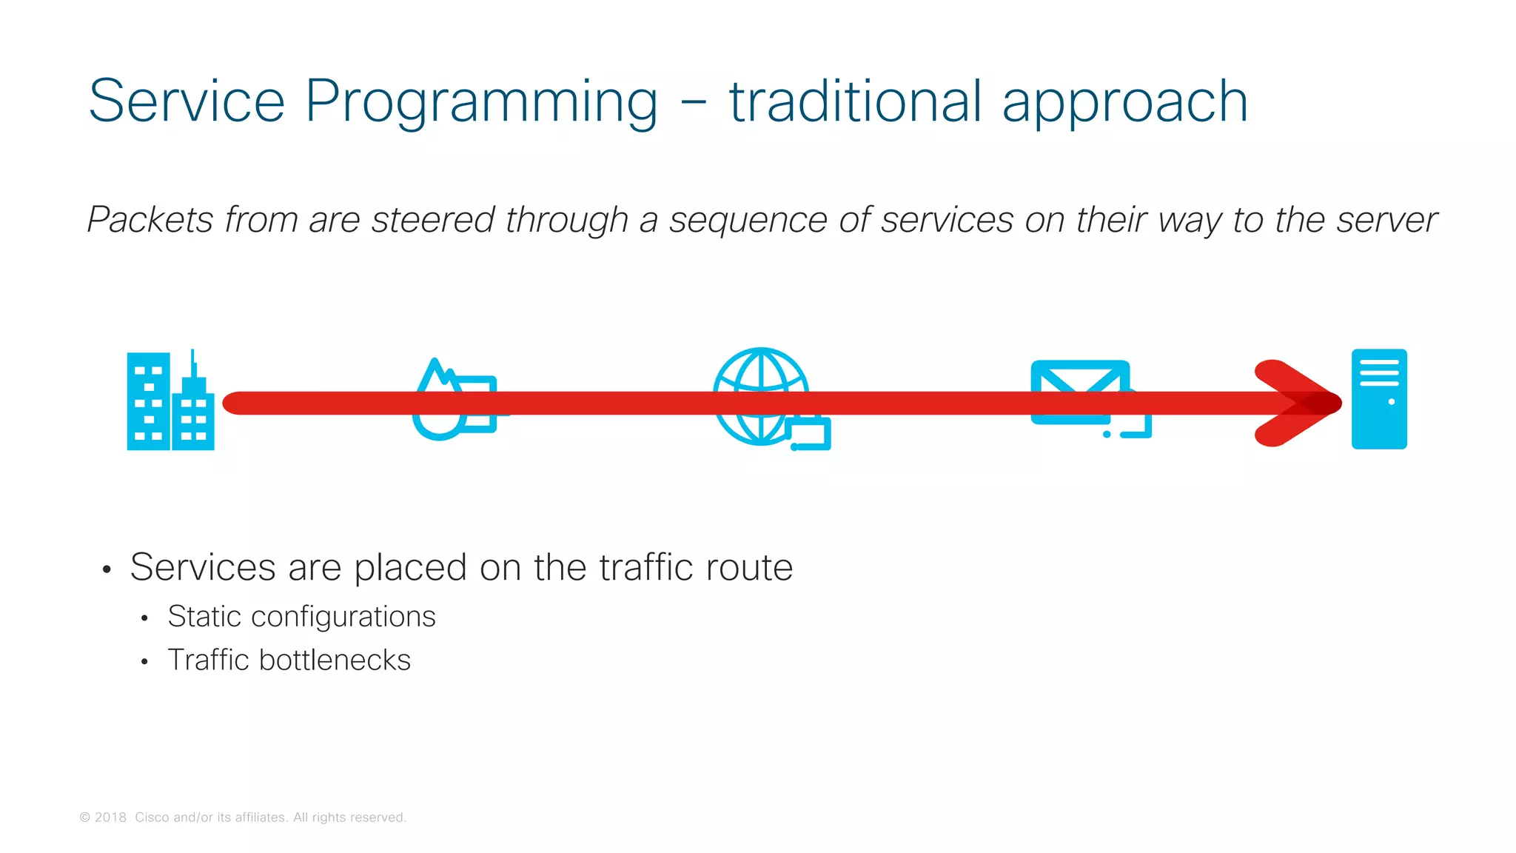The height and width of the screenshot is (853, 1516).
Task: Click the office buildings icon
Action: [x=170, y=401]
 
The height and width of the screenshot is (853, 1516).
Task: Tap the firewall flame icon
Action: [x=452, y=400]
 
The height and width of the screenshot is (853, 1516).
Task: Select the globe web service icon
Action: [x=762, y=397]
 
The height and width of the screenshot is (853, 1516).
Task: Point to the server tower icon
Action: [x=1378, y=399]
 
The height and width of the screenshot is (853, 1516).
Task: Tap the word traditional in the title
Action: [x=855, y=102]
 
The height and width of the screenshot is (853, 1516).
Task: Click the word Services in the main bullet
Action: [x=203, y=568]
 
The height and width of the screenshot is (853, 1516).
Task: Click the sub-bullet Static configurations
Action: [x=301, y=617]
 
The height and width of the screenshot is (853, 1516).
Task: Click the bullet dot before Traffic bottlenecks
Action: [x=144, y=661]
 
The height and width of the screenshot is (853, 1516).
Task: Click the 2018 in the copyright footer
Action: [x=110, y=817]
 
